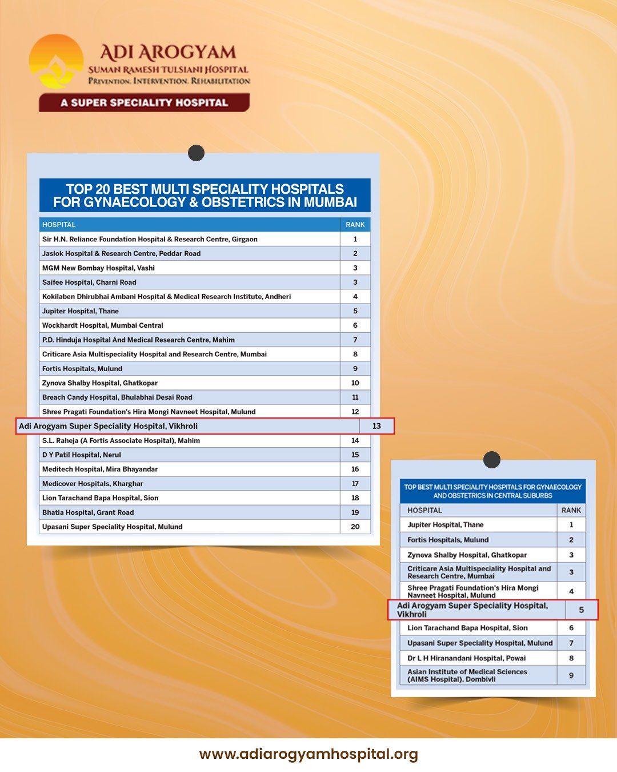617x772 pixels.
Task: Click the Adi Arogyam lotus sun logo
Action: tap(56, 62)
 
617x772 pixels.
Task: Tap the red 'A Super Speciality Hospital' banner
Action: tap(144, 103)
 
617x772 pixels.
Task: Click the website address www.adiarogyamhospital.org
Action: tap(308, 754)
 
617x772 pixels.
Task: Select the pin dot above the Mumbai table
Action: tap(197, 153)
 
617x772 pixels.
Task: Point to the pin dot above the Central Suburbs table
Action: tap(492, 460)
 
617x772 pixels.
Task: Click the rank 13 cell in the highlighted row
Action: tap(376, 426)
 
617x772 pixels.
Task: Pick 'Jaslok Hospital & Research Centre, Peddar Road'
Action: tap(121, 253)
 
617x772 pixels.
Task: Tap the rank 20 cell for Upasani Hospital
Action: tap(355, 527)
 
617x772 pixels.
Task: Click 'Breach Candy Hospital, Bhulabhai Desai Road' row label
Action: tap(117, 397)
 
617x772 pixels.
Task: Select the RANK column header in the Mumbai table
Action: tap(355, 225)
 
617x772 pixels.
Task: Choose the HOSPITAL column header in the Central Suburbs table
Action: tap(424, 510)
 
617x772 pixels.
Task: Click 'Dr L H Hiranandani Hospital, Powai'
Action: tap(466, 658)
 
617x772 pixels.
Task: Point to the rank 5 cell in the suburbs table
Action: tap(582, 610)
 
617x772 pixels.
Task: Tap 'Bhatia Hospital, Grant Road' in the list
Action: tap(88, 512)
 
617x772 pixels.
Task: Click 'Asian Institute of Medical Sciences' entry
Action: tap(467, 675)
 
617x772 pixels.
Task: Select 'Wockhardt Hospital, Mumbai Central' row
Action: tap(103, 325)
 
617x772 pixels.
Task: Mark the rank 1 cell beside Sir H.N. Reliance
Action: tap(355, 239)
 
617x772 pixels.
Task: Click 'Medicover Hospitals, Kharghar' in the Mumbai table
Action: tap(93, 484)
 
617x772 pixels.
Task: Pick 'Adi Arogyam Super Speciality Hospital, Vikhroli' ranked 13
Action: tap(109, 426)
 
